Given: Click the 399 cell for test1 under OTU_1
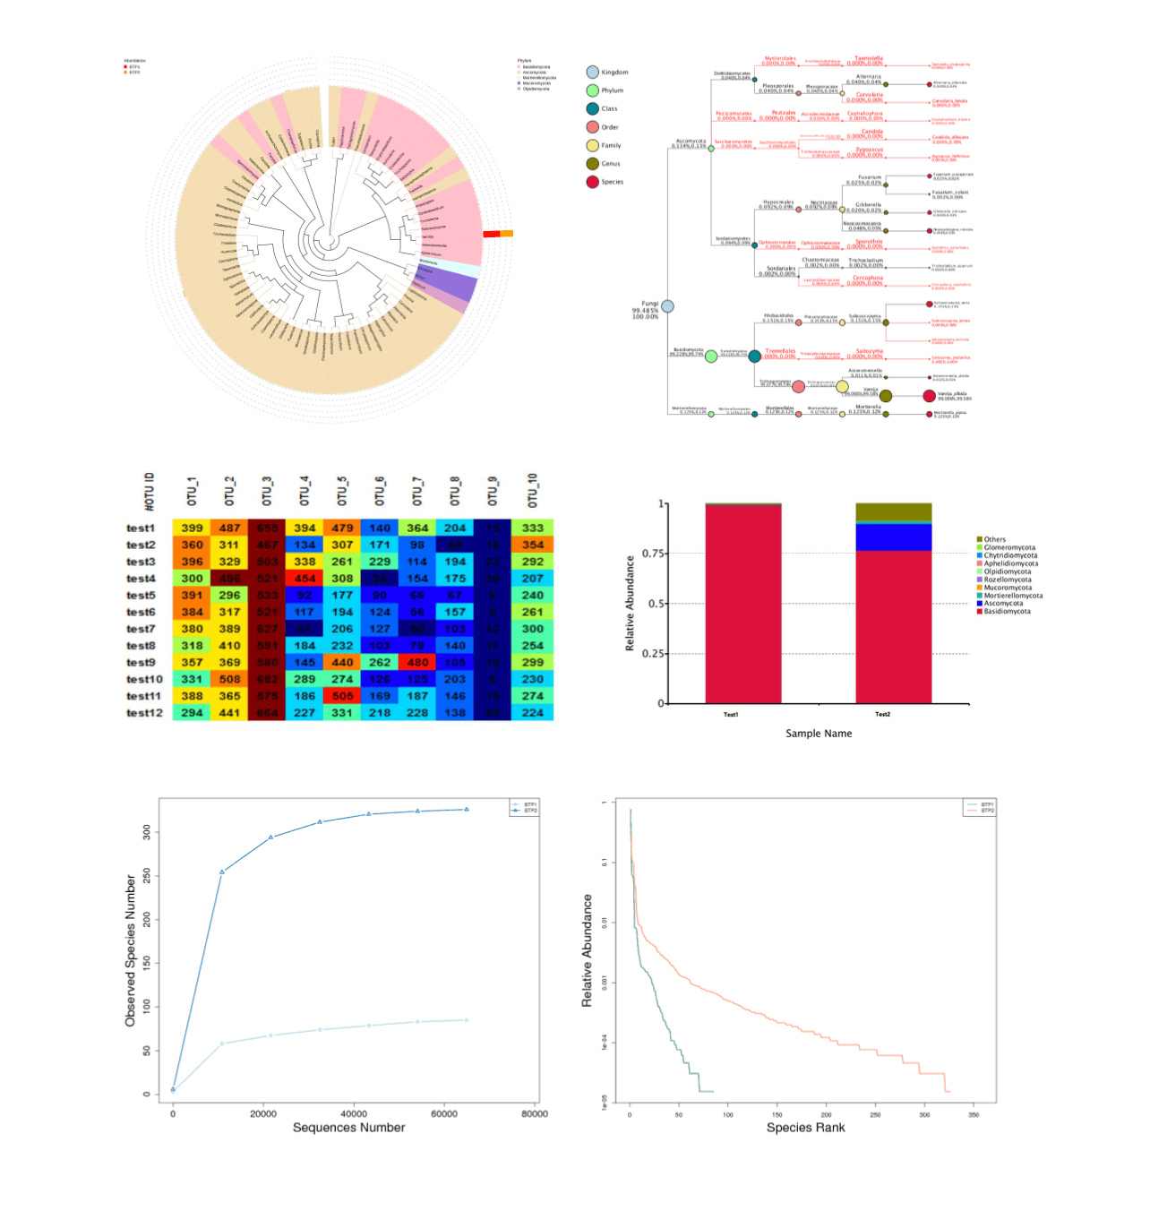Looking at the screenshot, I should [192, 528].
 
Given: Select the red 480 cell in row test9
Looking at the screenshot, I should [417, 663].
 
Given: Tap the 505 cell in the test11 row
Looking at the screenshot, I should [342, 696].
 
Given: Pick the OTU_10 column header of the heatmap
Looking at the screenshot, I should [533, 491].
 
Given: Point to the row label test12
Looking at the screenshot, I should [144, 713].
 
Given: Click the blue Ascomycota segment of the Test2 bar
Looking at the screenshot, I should [893, 537].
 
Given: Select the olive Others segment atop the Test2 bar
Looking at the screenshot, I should [893, 512].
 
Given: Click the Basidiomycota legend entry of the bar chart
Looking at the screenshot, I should [1007, 612].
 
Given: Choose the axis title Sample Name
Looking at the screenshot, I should [819, 734].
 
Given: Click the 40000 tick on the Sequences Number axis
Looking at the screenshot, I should [354, 1114].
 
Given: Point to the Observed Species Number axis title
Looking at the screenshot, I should [131, 950].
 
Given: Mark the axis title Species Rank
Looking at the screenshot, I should [805, 1128].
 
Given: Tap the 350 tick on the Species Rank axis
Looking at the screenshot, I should [974, 1115].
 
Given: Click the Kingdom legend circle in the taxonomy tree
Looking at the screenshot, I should [593, 72].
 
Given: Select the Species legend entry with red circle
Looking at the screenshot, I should [593, 182].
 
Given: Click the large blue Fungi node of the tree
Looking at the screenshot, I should [667, 306].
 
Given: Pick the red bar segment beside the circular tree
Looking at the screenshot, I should [491, 235].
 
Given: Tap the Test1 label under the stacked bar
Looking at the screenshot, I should [731, 715].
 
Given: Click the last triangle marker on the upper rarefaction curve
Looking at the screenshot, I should [466, 810].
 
